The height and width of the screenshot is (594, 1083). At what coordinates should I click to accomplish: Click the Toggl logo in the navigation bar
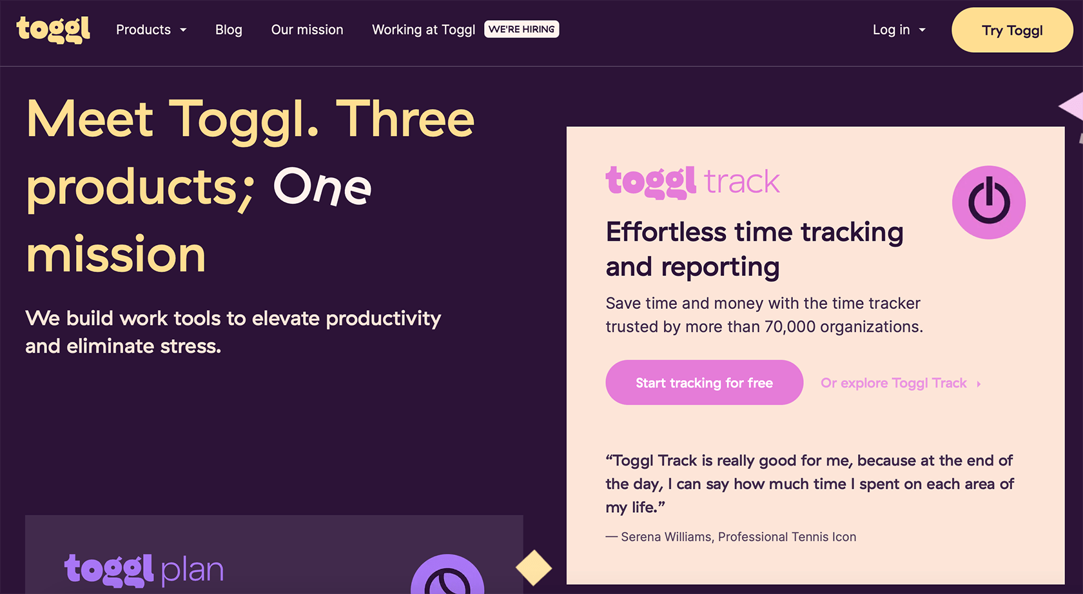(54, 30)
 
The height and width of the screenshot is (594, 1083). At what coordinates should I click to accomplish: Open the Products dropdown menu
(151, 30)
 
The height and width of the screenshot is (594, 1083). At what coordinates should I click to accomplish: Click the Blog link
(229, 30)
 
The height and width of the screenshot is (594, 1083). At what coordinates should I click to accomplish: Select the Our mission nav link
(307, 30)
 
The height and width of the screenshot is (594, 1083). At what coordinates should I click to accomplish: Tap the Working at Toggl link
(424, 30)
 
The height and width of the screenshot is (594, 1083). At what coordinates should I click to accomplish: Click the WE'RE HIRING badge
(522, 29)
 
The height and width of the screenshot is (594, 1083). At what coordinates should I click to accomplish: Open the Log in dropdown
(899, 30)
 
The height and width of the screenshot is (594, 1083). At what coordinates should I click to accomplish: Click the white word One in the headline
(322, 187)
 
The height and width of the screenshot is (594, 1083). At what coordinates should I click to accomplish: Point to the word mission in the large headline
(116, 255)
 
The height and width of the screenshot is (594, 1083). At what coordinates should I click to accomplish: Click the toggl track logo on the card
(692, 182)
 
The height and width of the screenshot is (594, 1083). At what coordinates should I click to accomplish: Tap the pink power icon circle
(988, 203)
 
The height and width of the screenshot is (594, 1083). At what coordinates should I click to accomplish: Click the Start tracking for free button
(704, 382)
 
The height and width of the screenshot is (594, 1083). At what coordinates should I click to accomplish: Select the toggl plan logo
(144, 570)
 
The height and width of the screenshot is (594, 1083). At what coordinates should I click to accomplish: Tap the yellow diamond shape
(534, 568)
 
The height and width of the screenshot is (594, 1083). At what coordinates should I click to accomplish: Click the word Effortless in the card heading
(666, 232)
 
